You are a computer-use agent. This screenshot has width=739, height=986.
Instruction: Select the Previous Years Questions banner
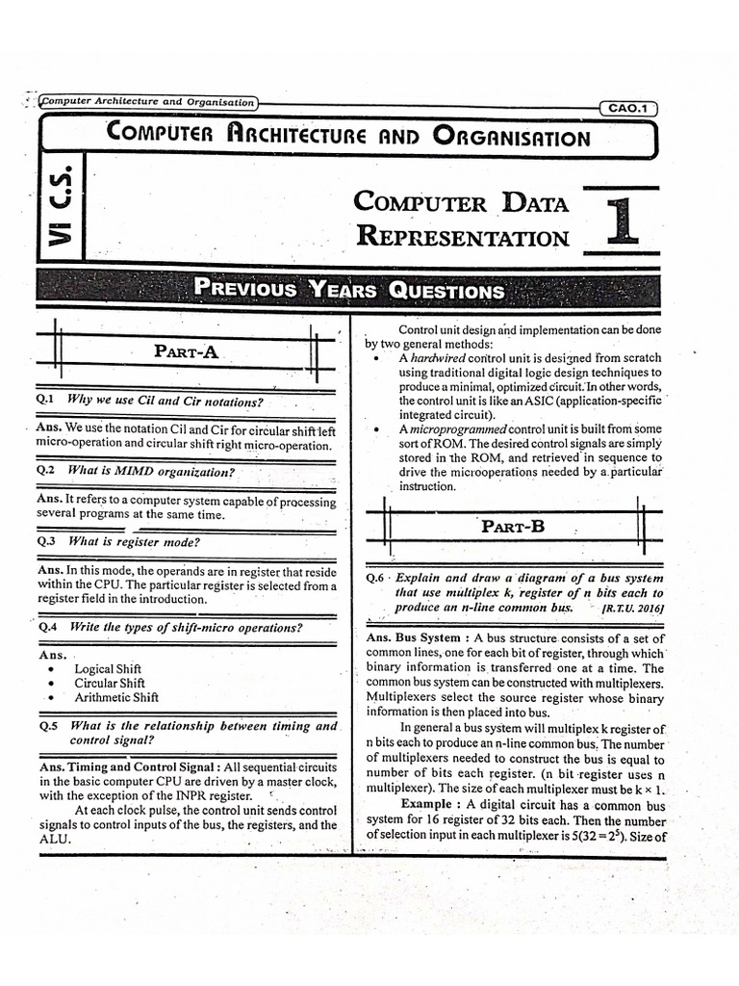point(348,289)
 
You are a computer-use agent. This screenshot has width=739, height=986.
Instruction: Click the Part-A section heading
point(187,352)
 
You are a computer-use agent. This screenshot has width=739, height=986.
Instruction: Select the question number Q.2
point(46,471)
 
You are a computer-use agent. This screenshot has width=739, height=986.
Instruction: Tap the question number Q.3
point(46,542)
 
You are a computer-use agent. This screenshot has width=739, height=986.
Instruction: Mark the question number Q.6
point(376,578)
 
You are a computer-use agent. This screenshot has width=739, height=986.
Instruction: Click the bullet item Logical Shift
point(108,669)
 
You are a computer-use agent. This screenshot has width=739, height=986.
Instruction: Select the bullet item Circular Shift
point(109,683)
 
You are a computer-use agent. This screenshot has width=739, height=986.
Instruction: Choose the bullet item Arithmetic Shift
point(116,697)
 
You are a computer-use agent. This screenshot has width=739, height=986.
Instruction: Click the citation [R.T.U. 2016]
point(632,609)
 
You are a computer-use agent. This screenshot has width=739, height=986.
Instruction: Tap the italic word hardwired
point(438,357)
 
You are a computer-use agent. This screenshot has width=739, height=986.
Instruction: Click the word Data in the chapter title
point(534,202)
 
